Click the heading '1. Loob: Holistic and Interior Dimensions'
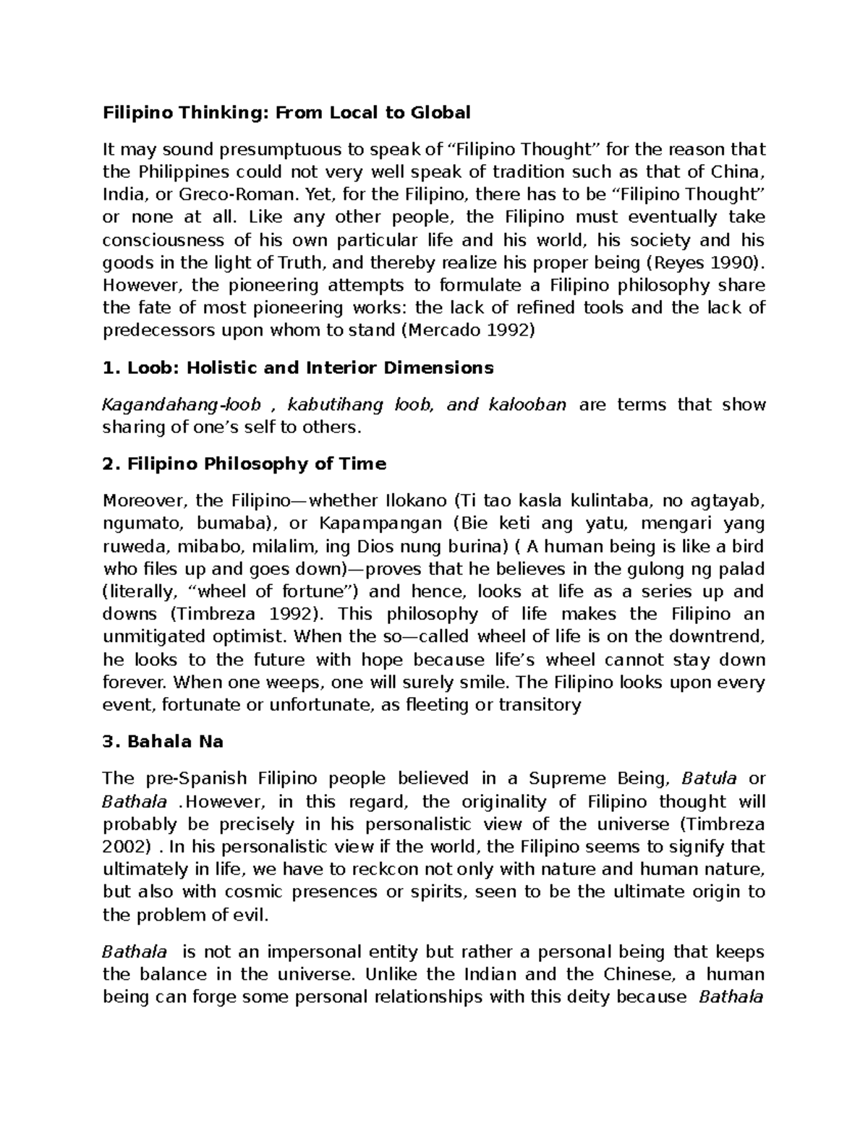(x=298, y=368)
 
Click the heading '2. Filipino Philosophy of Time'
(x=244, y=464)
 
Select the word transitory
(x=540, y=705)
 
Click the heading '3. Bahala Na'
(x=163, y=742)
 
